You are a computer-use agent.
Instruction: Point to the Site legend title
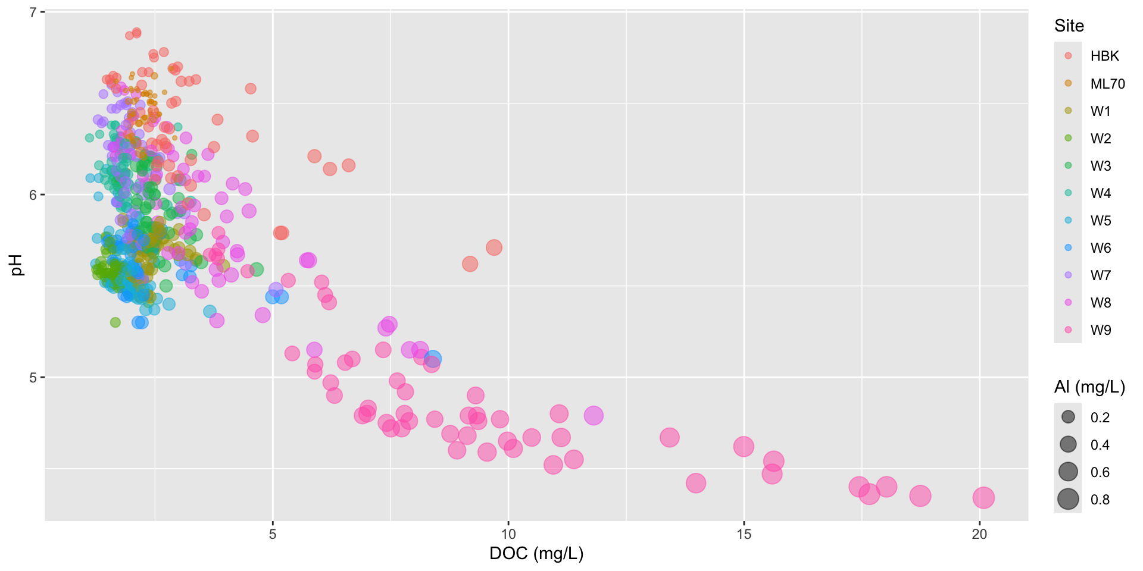tap(1069, 26)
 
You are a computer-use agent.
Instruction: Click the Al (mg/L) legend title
tap(1089, 387)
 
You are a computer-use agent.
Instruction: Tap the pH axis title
tap(17, 265)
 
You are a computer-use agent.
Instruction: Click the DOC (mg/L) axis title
tap(536, 554)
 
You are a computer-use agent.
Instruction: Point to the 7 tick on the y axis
tap(33, 12)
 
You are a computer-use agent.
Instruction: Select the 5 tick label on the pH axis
tap(33, 377)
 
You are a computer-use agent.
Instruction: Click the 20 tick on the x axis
tap(979, 534)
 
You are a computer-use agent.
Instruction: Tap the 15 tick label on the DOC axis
tap(744, 534)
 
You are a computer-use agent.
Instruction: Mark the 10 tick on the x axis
tap(508, 534)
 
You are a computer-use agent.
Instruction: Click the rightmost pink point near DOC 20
tap(983, 497)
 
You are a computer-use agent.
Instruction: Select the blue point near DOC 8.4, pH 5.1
tap(433, 359)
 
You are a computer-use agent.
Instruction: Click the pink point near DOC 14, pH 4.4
tap(695, 483)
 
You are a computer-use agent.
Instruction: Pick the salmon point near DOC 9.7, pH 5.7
tap(494, 247)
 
